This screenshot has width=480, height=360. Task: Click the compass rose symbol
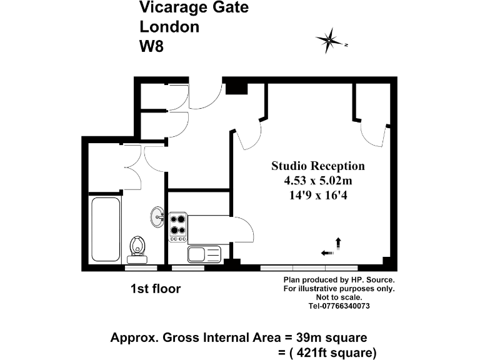point(331,40)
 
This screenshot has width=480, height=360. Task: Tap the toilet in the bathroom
point(137,249)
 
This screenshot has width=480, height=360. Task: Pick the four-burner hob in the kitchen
point(178,228)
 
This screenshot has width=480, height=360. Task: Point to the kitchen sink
point(204,254)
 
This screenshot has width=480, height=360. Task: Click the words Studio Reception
point(317,166)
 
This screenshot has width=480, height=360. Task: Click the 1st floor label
point(156,289)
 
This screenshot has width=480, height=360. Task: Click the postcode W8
point(151,46)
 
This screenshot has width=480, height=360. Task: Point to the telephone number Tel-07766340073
point(339,306)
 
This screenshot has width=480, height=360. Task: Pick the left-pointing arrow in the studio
point(326,252)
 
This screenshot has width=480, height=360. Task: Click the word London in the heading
point(169,27)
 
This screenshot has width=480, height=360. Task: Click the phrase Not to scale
point(339,297)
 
